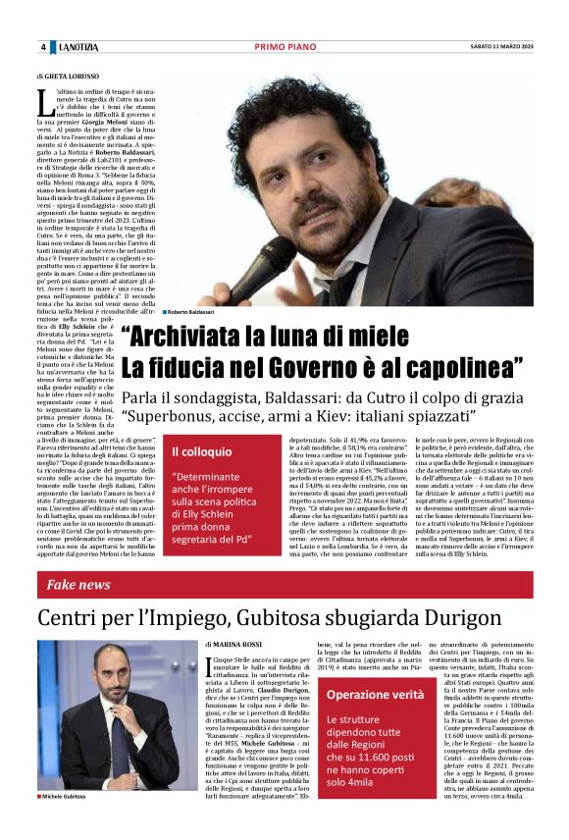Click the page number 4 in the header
tap(43, 47)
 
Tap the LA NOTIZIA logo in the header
tap(77, 47)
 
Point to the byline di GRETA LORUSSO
tap(68, 75)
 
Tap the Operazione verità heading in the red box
tap(375, 694)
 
